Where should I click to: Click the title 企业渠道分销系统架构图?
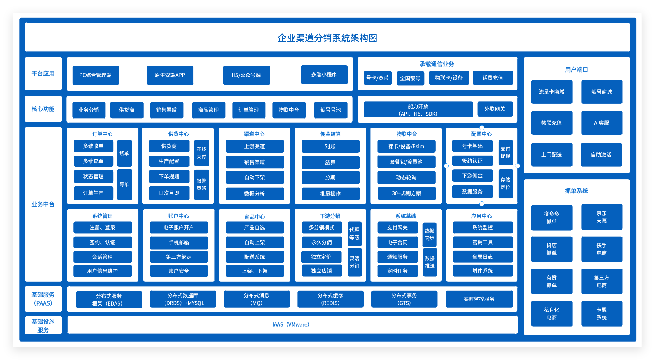click(x=327, y=38)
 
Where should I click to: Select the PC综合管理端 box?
click(x=96, y=75)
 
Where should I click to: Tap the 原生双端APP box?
click(x=170, y=75)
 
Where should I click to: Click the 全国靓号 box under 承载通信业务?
click(x=410, y=78)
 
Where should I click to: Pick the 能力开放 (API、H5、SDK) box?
click(x=418, y=110)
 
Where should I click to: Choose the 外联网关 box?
click(x=495, y=109)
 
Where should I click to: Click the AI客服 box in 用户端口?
click(x=602, y=123)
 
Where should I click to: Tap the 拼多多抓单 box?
click(x=552, y=218)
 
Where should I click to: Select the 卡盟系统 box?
click(x=602, y=313)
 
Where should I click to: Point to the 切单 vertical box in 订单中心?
click(x=124, y=153)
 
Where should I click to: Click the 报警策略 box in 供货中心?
click(x=202, y=184)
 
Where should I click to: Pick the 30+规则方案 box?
click(x=406, y=193)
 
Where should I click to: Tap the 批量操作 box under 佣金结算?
click(x=330, y=194)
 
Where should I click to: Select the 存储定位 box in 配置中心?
click(x=506, y=183)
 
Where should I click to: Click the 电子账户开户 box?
click(x=179, y=227)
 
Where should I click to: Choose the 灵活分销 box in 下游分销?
click(x=355, y=262)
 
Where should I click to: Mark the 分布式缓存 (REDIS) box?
click(x=330, y=299)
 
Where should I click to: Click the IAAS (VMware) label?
click(x=291, y=324)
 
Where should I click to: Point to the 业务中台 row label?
click(x=43, y=204)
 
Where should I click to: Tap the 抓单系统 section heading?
click(x=576, y=191)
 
